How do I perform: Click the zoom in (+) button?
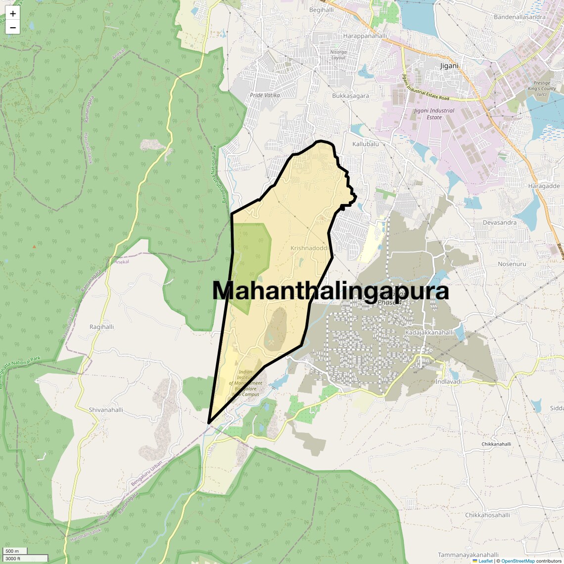tap(13, 14)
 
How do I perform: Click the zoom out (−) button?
tap(13, 28)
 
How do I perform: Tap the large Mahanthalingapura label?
tap(330, 291)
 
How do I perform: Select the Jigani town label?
tap(449, 66)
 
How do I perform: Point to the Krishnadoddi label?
tap(310, 248)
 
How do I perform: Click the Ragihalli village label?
tap(101, 327)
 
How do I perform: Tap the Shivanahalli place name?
tap(106, 410)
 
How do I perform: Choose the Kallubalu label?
tap(365, 144)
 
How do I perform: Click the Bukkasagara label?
tap(350, 96)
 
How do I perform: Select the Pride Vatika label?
tap(265, 95)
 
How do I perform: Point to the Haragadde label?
tap(544, 186)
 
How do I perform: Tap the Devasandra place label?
tap(499, 223)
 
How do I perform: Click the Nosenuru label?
tap(512, 264)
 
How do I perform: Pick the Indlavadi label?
tap(448, 382)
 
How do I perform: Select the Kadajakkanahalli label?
tap(429, 332)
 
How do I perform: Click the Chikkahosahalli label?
tap(487, 515)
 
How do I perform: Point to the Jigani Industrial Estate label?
tap(434, 114)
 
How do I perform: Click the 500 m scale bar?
tap(15, 551)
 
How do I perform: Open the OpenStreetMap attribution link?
tap(518, 561)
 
